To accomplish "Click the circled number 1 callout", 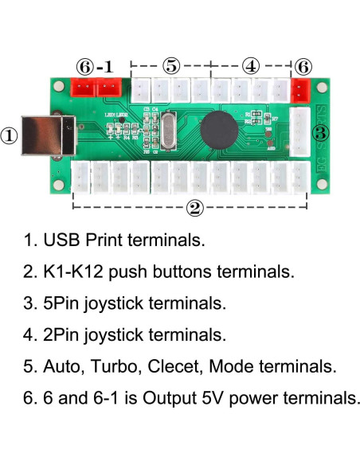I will tap(9, 135).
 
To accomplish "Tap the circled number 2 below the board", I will tap(194, 209).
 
